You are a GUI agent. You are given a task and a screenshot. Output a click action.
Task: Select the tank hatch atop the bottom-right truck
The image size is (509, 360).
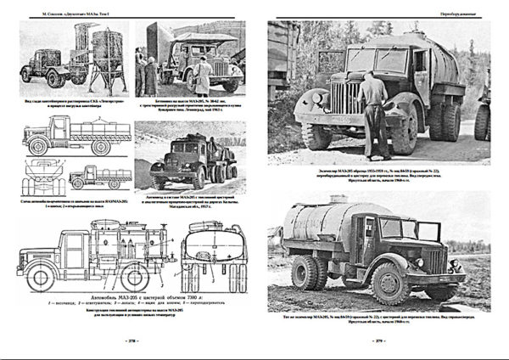tap(338, 201)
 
